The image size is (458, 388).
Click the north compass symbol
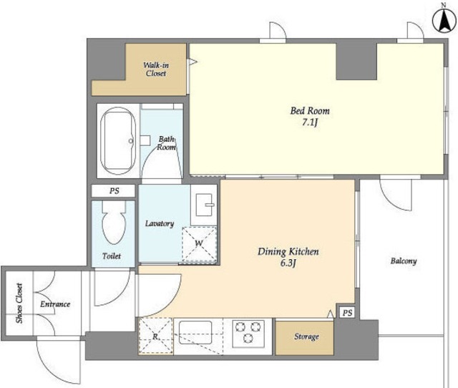[444, 21]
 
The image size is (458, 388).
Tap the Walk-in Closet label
[156, 69]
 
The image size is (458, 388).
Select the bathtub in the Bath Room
[118, 141]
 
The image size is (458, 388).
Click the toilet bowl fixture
[114, 223]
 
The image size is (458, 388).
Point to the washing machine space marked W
[199, 244]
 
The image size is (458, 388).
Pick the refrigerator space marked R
[155, 336]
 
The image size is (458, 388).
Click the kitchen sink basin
[195, 332]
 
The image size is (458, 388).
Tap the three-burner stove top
[248, 332]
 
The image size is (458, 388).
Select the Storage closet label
[306, 336]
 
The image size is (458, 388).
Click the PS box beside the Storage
[347, 313]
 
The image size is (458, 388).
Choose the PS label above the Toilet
[114, 191]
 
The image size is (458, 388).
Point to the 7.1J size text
[310, 122]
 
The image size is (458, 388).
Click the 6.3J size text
[288, 263]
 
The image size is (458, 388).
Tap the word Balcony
[404, 261]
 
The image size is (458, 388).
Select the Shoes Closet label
[19, 304]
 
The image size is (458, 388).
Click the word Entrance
[55, 304]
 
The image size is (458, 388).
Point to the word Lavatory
[160, 224]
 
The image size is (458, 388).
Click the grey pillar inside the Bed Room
[356, 62]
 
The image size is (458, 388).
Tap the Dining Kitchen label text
[288, 252]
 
